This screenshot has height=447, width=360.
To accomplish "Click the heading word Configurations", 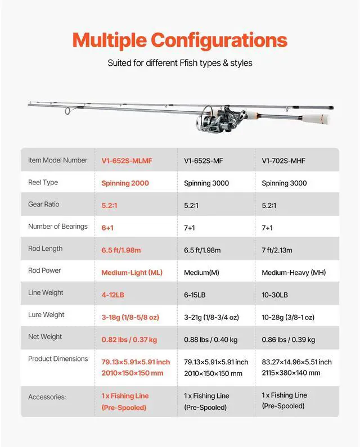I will coord(219,40).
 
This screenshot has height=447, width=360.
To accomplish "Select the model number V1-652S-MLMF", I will coord(127,161).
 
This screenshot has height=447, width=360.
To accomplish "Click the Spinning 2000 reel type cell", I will coord(125,183).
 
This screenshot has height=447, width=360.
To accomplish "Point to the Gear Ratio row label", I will coord(44,205).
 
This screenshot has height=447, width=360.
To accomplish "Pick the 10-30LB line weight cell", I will coord(275,295).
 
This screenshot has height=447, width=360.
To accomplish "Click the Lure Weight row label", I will coord(46,315).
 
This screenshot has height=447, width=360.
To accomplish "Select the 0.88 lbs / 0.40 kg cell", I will coord(211,340).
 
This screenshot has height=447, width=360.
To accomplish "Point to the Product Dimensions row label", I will coord(58,359).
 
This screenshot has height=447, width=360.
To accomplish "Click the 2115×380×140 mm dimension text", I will coord(291,373).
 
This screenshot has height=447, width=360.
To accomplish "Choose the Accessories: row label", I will coord(47,397).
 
